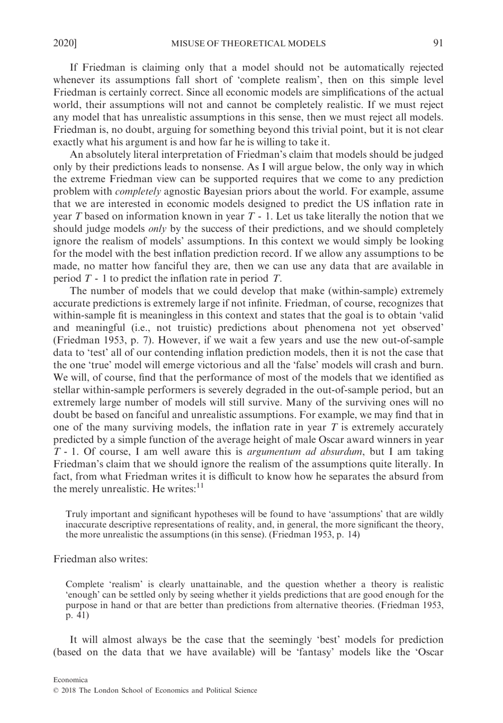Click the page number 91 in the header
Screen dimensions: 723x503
pyautogui.click(x=438, y=43)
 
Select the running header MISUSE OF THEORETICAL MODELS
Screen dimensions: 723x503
pyautogui.click(x=248, y=43)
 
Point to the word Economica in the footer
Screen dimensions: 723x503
pyautogui.click(x=70, y=680)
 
